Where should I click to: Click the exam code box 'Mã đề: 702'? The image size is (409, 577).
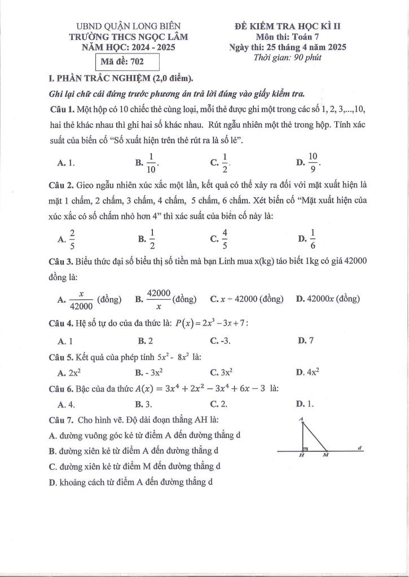point(125,62)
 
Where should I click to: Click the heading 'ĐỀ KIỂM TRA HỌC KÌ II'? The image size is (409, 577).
point(292,26)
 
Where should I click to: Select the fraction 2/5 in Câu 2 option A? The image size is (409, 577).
point(72,239)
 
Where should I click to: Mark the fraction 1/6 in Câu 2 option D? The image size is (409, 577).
point(313,239)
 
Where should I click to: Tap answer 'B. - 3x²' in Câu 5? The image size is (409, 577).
point(149,372)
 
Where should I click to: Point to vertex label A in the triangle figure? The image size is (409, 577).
point(302,419)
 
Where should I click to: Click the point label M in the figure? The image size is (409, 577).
point(326,457)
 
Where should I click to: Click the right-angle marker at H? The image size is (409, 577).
point(305,450)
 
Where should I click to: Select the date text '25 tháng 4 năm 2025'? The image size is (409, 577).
point(305,47)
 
